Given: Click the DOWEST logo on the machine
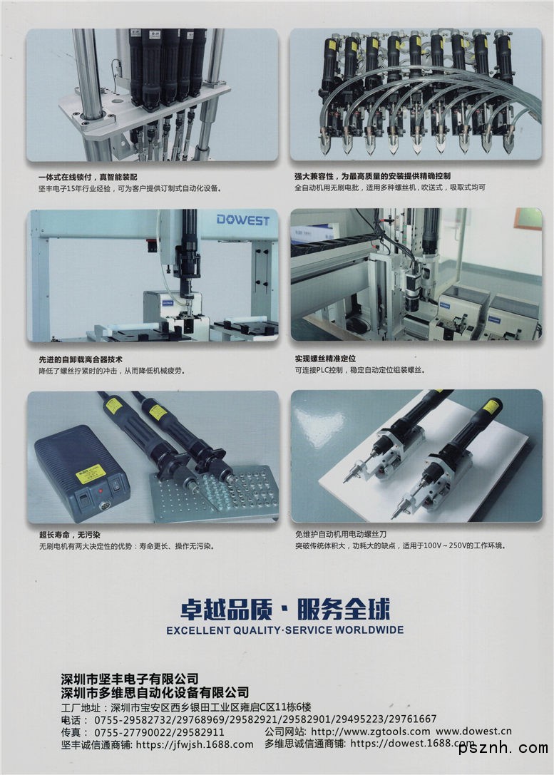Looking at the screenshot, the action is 242,220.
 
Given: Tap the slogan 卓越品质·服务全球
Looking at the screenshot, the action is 285,609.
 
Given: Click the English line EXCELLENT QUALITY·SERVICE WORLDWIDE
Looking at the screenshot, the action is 285,630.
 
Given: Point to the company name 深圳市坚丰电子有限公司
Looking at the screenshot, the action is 130,679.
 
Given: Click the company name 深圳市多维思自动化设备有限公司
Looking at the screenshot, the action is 155,692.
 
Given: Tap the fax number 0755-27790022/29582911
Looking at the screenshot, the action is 159,732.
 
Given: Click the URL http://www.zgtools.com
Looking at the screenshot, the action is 371,731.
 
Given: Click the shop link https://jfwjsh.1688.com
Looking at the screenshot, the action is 195,744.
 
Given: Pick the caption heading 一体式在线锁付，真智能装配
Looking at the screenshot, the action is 88,177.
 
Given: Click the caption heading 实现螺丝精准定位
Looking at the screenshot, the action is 325,359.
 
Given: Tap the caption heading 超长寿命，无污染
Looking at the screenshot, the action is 70,535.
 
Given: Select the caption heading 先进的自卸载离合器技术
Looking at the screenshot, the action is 81,359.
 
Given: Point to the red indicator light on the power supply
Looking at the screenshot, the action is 101,491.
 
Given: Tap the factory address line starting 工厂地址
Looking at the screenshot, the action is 186,707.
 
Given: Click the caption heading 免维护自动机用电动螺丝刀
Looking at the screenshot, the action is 341,534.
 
